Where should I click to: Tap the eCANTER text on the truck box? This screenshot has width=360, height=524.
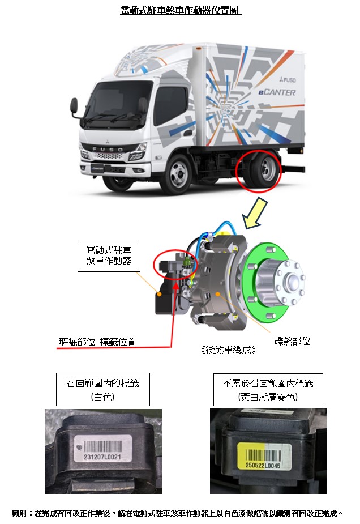click(277, 92)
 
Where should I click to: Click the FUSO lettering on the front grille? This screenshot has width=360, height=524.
click(108, 149)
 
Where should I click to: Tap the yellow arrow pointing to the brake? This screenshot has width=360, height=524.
click(255, 213)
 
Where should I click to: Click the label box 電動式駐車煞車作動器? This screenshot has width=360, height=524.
click(109, 256)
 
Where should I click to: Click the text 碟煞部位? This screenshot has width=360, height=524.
click(292, 341)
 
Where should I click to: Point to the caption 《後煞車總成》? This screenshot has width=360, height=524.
click(229, 350)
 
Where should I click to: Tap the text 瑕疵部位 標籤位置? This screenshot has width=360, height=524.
click(97, 342)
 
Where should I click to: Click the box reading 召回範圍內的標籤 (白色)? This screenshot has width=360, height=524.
click(103, 389)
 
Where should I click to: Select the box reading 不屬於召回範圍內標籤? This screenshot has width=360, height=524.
click(268, 390)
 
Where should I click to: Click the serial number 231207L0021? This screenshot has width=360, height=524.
click(102, 457)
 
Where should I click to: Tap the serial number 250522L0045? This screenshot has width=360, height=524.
click(263, 465)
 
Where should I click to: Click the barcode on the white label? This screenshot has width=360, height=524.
click(103, 446)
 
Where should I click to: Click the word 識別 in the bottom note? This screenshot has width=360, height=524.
click(19, 513)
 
